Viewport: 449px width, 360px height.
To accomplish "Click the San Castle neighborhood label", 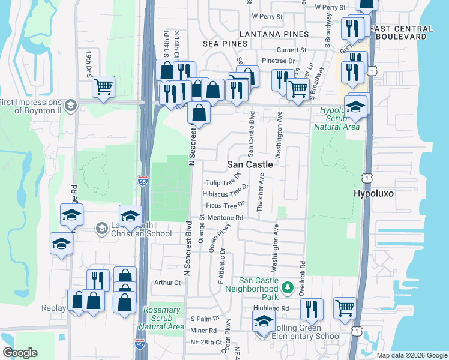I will pyautogui.click(x=250, y=164).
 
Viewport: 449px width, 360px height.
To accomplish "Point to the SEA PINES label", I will pyautogui.click(x=225, y=44).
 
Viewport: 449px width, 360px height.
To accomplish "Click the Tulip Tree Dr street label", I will pyautogui.click(x=222, y=182).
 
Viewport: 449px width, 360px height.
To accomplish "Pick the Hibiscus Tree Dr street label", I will pyautogui.click(x=225, y=194).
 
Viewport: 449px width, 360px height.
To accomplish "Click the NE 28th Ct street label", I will pyautogui.click(x=206, y=341).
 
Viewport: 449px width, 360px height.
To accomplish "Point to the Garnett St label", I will pyautogui.click(x=291, y=50).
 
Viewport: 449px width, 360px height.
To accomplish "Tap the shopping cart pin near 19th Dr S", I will pyautogui.click(x=103, y=87).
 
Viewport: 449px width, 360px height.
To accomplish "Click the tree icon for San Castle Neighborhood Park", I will pyautogui.click(x=288, y=287).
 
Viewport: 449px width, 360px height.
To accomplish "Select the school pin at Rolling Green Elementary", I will pyautogui.click(x=264, y=322).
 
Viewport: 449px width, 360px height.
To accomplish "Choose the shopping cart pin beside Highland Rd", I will pyautogui.click(x=345, y=308).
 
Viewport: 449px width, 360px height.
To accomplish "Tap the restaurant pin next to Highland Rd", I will pyautogui.click(x=311, y=309).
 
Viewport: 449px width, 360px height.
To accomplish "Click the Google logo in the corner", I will pyautogui.click(x=20, y=353).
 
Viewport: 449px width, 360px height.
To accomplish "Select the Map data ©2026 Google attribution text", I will pyautogui.click(x=412, y=355).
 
